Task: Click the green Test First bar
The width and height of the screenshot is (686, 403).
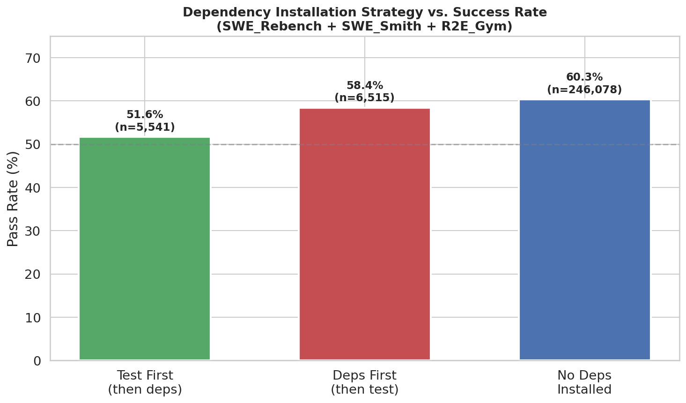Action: (145, 248)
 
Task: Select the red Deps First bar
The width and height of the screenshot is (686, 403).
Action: (364, 234)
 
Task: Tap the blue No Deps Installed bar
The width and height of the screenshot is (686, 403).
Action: (584, 230)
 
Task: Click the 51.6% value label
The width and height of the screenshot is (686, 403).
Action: (145, 115)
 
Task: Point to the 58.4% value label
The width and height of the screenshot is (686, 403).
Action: (364, 86)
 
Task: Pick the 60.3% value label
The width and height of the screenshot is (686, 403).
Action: (584, 77)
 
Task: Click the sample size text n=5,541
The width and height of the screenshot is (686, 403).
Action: (145, 127)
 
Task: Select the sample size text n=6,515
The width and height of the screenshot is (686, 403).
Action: (364, 98)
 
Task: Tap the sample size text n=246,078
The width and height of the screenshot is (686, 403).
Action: (584, 90)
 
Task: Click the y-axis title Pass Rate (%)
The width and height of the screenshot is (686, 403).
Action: (13, 199)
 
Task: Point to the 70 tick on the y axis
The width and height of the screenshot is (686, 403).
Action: (33, 58)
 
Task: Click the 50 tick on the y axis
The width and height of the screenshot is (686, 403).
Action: (33, 145)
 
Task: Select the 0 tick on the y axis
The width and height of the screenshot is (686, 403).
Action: (37, 361)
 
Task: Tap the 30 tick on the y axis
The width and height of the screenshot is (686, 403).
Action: (33, 231)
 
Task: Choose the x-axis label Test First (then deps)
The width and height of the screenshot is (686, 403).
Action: (145, 382)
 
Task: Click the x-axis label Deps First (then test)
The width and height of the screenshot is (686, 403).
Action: (364, 382)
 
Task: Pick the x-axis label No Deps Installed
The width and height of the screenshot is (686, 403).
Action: (584, 382)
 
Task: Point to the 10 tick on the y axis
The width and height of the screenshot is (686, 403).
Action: (33, 318)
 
